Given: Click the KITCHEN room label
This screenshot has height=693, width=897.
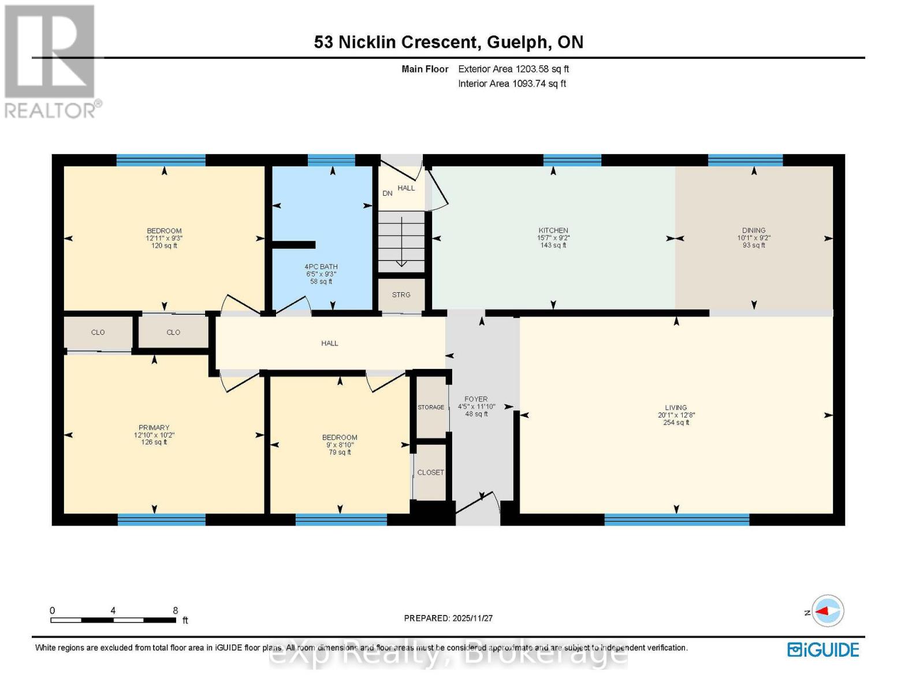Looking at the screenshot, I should [553, 230].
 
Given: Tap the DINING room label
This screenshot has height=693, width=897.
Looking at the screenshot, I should [754, 230].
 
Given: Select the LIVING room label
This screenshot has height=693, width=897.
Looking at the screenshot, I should [676, 407].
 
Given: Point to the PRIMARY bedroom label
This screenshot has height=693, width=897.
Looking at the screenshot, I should [154, 428].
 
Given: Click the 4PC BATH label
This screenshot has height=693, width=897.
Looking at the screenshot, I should [321, 267].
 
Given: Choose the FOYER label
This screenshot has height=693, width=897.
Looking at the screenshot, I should [476, 399].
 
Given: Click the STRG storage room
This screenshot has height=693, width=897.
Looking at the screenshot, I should [401, 295].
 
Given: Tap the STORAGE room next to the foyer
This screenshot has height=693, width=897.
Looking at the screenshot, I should [431, 407].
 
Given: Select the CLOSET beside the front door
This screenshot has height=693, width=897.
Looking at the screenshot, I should [431, 472].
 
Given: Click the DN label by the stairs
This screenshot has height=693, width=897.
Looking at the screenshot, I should [388, 193].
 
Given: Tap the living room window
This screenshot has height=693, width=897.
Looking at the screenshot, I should [676, 519].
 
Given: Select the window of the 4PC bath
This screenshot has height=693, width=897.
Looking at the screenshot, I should [331, 160].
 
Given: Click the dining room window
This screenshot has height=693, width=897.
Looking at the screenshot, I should [745, 160].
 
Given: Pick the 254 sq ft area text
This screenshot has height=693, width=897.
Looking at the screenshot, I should [676, 423].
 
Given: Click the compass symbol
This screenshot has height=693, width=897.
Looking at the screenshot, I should [827, 611].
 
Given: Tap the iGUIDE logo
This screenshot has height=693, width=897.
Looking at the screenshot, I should [823, 650].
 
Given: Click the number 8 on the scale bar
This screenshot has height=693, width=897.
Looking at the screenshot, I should [175, 610].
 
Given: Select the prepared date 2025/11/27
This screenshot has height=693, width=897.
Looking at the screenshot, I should [472, 618].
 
